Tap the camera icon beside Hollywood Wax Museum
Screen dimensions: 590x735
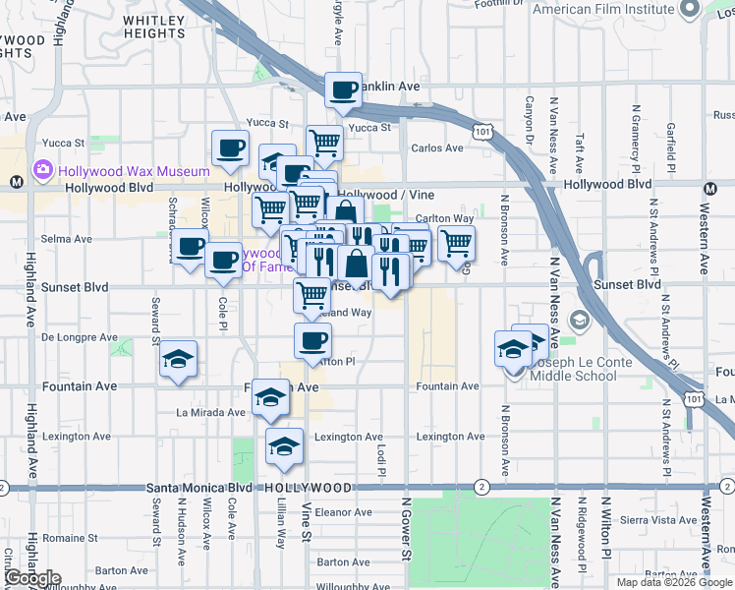coord(44,171)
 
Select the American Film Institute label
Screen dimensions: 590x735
coord(602,10)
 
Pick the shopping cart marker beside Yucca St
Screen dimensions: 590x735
coord(324,143)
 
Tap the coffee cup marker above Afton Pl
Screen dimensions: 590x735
coord(312,341)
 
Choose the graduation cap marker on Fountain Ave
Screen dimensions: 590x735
coord(270,397)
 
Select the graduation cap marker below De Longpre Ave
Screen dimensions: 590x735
coord(180,359)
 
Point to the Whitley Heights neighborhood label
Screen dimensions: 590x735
coord(155,27)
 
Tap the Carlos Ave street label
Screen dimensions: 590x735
coord(436,148)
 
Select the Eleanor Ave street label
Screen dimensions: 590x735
coord(343,512)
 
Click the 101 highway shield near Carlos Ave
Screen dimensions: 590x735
coord(481,131)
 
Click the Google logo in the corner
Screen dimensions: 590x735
coord(31,578)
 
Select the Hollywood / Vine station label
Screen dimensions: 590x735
coord(393,195)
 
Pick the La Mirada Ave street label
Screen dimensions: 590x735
coord(210,413)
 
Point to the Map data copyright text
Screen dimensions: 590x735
coord(673,582)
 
